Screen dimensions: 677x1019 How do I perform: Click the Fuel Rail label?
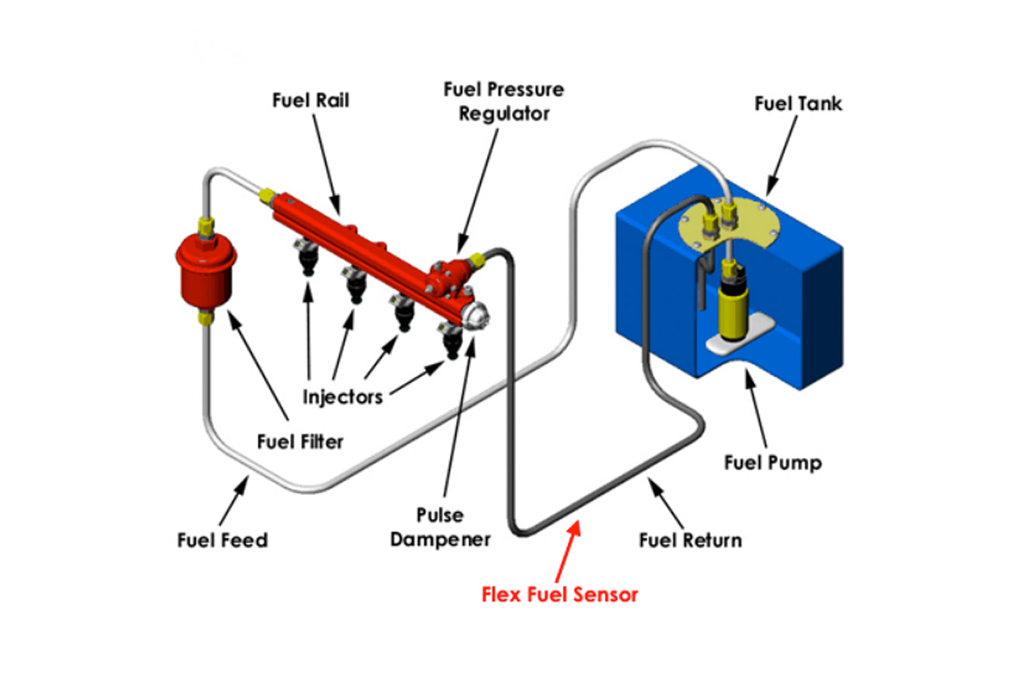click(310, 100)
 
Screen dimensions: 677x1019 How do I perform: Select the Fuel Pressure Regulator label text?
click(504, 101)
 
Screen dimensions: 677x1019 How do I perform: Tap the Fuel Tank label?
click(798, 104)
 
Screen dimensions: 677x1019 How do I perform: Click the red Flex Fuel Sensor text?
click(559, 595)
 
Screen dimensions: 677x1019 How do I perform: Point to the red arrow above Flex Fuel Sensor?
click(568, 550)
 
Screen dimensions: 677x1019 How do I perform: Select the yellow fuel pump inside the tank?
click(731, 306)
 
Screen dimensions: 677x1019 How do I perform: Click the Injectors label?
click(342, 397)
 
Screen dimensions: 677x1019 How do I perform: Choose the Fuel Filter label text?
click(300, 442)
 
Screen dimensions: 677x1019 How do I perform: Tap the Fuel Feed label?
click(223, 540)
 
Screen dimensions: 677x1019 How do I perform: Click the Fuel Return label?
click(690, 540)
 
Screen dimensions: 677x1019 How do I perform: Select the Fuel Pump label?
click(772, 463)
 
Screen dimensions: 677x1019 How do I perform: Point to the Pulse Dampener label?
click(440, 527)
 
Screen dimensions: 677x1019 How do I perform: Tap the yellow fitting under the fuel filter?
click(206, 317)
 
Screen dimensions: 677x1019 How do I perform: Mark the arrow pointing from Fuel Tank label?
click(782, 156)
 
